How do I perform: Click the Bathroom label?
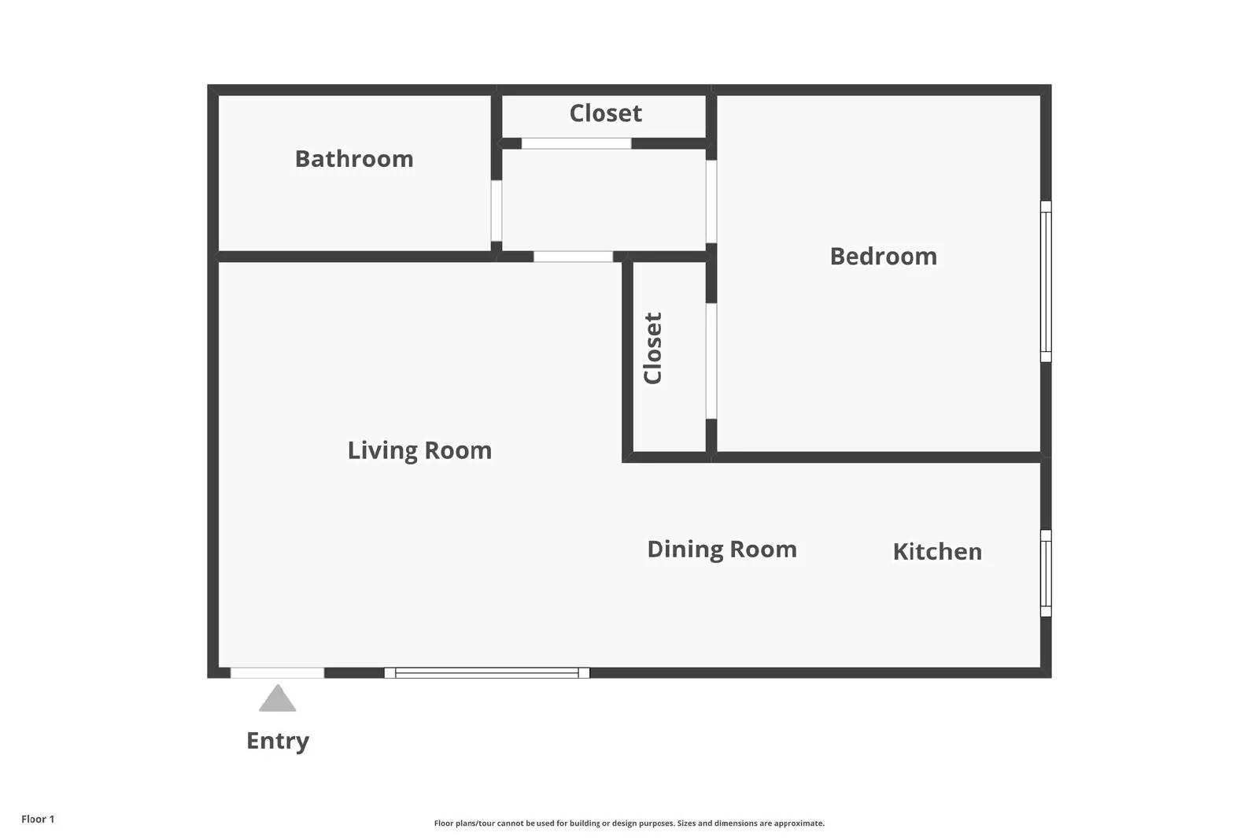click(x=354, y=159)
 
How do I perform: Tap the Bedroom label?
click(x=884, y=257)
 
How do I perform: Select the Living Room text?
click(x=419, y=451)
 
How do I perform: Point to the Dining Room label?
click(x=722, y=550)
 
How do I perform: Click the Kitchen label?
click(x=937, y=552)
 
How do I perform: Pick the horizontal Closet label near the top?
click(x=605, y=113)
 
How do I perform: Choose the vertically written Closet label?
click(x=652, y=348)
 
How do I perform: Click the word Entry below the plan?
click(x=278, y=742)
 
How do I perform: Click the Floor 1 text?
click(x=38, y=820)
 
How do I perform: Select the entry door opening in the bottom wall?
click(x=277, y=673)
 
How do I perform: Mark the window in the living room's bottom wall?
click(x=487, y=673)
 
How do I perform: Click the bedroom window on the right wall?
click(x=1046, y=281)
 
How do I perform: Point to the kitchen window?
click(x=1046, y=573)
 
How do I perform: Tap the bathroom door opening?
click(x=497, y=211)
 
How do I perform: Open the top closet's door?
click(x=576, y=143)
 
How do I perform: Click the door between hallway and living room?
click(x=573, y=257)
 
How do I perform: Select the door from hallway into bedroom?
click(x=711, y=202)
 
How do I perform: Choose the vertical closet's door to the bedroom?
click(x=711, y=361)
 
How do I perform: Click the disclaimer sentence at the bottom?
click(x=629, y=823)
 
